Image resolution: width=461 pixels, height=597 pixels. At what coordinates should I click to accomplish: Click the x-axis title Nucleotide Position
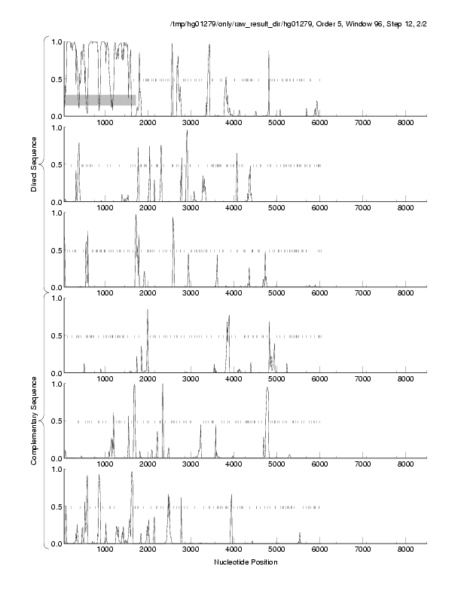click(x=246, y=562)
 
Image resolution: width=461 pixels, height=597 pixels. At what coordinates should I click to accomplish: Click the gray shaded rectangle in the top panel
click(x=99, y=99)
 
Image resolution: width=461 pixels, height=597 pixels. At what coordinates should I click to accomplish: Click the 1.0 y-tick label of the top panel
click(x=54, y=41)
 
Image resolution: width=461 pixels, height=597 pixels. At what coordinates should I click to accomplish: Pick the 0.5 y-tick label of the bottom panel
click(x=54, y=507)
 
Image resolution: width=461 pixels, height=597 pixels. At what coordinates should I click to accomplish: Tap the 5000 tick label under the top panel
click(x=276, y=123)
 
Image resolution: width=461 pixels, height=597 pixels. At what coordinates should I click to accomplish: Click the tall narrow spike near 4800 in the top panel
click(x=268, y=53)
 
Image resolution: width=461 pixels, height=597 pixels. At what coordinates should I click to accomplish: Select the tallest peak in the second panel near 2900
click(x=187, y=133)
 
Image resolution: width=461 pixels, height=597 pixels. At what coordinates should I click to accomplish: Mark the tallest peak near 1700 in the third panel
click(x=136, y=216)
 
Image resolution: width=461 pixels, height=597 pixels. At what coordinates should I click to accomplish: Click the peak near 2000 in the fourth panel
click(x=148, y=311)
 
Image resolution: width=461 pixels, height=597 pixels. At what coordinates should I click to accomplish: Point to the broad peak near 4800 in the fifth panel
click(x=267, y=389)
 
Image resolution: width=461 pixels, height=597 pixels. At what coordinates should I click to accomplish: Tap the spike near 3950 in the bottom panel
click(x=231, y=496)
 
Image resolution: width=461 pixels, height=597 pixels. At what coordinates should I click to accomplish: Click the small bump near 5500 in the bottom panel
click(x=300, y=534)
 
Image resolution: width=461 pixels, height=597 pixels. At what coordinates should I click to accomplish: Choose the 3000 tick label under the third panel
click(x=191, y=294)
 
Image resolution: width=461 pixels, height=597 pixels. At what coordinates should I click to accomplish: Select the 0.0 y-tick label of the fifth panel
click(x=54, y=458)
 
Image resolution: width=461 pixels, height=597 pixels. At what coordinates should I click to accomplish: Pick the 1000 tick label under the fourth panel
click(x=105, y=379)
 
